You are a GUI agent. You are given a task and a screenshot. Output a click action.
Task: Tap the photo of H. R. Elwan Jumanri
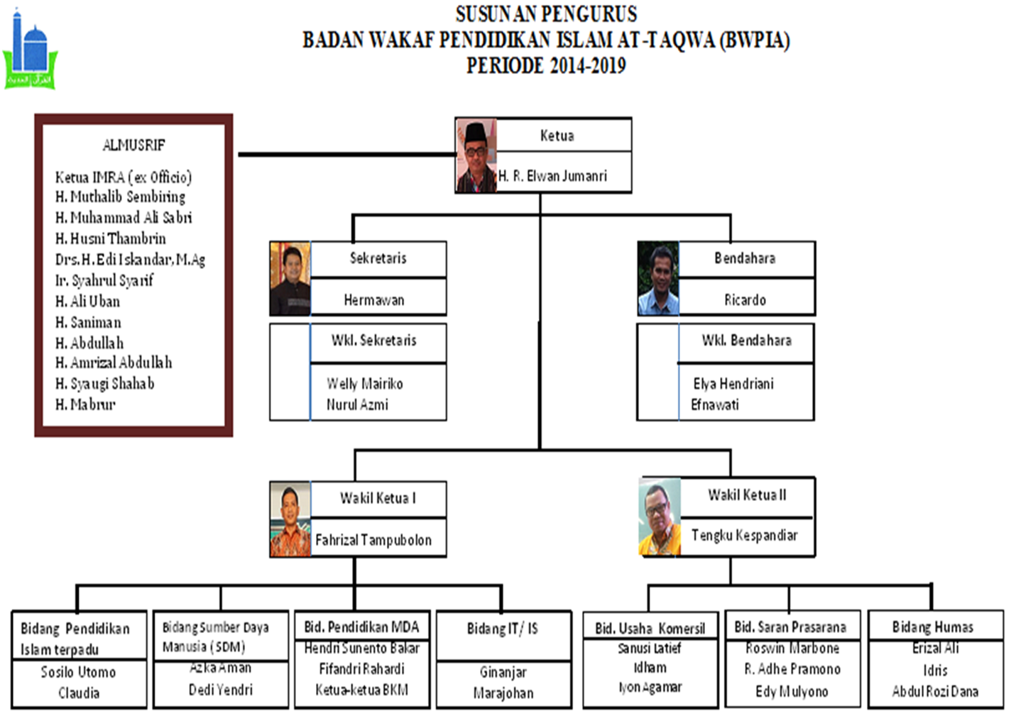click(476, 156)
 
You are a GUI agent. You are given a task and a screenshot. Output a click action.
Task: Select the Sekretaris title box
click(378, 258)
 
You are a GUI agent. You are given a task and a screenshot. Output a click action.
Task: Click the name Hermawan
click(374, 300)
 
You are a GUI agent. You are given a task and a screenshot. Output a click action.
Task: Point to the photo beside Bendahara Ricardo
click(658, 279)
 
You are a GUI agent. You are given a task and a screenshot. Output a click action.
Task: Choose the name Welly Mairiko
click(365, 384)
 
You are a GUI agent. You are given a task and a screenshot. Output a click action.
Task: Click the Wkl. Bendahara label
click(746, 341)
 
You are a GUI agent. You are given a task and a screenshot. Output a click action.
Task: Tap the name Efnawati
click(715, 404)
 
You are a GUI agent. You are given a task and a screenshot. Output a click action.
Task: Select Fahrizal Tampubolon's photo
click(290, 519)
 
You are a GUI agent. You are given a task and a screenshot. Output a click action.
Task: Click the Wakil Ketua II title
click(747, 495)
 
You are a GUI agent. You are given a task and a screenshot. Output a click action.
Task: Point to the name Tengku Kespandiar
click(744, 535)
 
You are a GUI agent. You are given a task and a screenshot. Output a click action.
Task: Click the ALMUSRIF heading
click(133, 145)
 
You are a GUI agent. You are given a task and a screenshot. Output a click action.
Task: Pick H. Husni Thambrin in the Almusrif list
click(110, 238)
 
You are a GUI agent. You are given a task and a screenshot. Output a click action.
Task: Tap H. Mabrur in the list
click(85, 404)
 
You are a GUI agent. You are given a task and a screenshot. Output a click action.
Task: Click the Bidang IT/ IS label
click(503, 629)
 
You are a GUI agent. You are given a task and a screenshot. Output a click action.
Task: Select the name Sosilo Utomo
click(78, 672)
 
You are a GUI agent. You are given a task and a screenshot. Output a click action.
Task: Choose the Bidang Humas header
click(933, 627)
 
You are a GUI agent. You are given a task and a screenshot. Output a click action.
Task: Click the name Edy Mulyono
click(792, 691)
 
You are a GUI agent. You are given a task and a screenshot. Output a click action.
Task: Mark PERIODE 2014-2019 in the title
click(546, 66)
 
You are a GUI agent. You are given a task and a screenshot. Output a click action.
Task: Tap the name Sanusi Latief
click(650, 648)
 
